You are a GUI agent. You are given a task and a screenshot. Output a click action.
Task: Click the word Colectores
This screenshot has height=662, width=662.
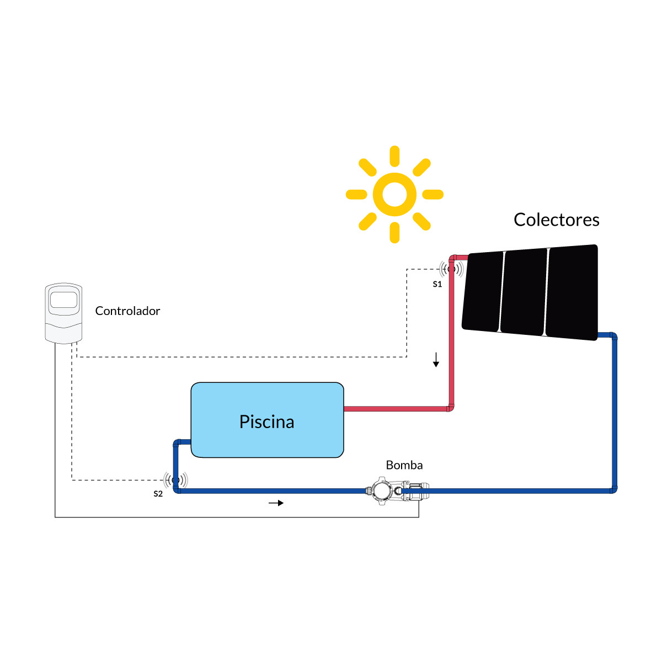(x=556, y=220)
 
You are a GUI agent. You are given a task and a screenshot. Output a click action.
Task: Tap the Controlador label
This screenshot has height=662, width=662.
(x=127, y=311)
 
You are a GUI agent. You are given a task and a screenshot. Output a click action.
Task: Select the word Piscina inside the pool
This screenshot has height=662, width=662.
(x=266, y=421)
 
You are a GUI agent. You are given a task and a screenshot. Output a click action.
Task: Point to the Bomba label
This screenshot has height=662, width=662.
(x=404, y=465)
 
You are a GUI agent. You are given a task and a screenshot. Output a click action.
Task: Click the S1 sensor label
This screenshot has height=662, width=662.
(x=437, y=284)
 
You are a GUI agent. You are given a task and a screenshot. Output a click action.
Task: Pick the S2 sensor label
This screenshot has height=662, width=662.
(x=158, y=494)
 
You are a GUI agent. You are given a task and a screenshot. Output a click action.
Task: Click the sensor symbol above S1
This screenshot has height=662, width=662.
(x=451, y=269)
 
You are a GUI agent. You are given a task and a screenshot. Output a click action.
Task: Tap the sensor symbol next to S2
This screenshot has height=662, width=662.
(x=175, y=480)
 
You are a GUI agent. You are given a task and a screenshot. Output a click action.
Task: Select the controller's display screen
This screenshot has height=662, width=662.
(x=63, y=300)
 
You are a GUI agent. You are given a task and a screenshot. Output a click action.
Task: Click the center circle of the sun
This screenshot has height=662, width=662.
(x=394, y=194)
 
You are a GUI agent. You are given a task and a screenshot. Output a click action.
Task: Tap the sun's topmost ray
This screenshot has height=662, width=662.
(x=394, y=156)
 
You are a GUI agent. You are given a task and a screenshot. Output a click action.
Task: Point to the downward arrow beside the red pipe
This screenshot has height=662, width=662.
(x=436, y=360)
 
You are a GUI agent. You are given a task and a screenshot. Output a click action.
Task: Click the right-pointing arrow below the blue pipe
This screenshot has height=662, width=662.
(x=276, y=503)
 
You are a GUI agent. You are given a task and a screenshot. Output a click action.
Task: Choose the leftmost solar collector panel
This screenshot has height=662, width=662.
(x=483, y=291)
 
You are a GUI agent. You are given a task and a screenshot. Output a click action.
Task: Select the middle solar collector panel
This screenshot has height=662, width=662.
(x=524, y=292)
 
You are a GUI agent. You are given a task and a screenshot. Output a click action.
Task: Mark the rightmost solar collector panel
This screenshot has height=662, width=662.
(x=572, y=292)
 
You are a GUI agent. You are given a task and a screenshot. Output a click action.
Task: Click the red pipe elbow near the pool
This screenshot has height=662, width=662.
(x=450, y=408)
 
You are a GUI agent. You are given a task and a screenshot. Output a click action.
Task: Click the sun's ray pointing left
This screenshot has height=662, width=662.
(x=356, y=194)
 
